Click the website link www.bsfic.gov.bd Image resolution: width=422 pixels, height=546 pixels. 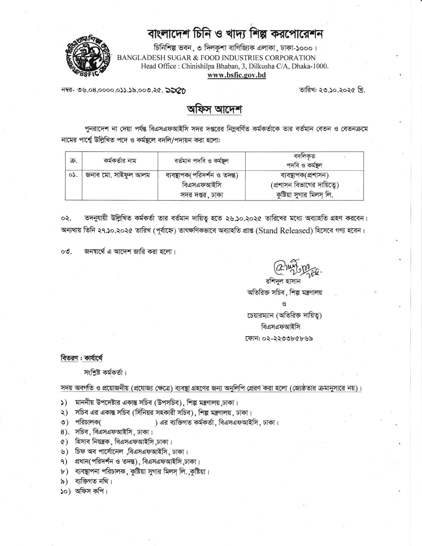(x=237, y=75)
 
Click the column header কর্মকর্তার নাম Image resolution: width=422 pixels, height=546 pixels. (x=120, y=160)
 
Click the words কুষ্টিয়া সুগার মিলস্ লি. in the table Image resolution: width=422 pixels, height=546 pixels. (x=304, y=195)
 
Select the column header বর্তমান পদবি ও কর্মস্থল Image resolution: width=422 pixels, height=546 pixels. (x=201, y=160)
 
